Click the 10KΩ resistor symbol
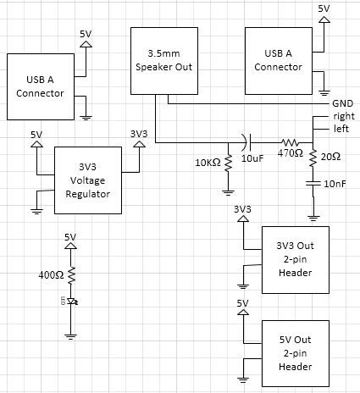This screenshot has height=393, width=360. point(228,163)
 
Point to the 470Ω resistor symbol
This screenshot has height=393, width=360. point(290,142)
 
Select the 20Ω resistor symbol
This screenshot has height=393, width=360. point(313,158)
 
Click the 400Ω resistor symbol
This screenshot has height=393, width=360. point(70,275)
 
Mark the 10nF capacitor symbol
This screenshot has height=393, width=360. point(313,184)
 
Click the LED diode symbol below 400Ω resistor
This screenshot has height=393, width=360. point(72,302)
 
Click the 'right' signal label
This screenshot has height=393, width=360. point(344,116)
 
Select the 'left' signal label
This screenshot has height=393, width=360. point(341,129)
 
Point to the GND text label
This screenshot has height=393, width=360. point(343,103)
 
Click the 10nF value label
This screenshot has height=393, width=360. point(335,184)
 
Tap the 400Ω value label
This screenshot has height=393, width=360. point(51,275)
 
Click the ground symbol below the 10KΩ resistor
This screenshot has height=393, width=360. point(228,193)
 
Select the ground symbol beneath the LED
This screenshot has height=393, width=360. point(70,336)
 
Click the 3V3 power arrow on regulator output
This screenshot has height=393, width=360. point(139,144)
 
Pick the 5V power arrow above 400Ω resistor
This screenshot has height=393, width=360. point(70,246)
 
